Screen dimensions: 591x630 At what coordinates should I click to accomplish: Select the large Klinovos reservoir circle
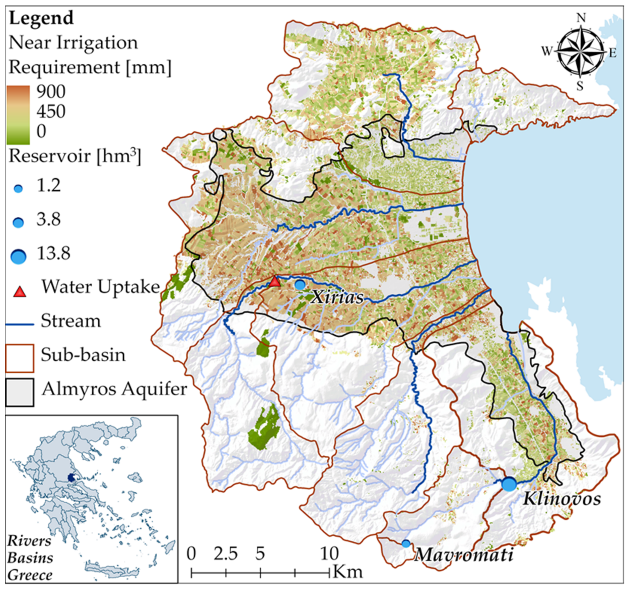tap(509, 484)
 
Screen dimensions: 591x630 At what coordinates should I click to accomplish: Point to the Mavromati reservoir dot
tap(406, 543)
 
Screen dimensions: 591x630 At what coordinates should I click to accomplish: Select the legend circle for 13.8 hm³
tap(19, 256)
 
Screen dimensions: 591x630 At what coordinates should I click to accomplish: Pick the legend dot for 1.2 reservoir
tap(19, 189)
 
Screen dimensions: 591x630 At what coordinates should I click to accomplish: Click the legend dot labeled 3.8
tap(18, 222)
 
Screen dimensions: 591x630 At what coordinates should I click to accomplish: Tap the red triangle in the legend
tap(20, 291)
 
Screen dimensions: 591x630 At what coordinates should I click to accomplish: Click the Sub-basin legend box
tap(20, 358)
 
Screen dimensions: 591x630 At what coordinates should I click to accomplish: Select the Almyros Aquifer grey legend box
tap(20, 392)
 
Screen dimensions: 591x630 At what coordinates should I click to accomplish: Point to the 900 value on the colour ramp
tap(51, 92)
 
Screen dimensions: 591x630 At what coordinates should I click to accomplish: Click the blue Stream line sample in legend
tap(20, 324)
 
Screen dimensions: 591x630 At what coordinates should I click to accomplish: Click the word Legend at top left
tap(41, 18)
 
